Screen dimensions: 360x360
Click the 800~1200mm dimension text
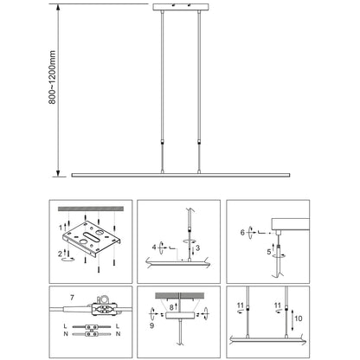click(52, 77)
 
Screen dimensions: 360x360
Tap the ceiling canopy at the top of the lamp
click(181, 7)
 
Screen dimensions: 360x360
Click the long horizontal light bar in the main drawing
click(181, 175)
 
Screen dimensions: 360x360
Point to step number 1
click(61, 228)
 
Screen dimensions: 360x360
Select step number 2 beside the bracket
click(60, 254)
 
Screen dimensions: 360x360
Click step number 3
click(197, 247)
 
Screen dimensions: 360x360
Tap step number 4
click(154, 247)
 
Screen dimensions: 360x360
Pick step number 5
click(269, 252)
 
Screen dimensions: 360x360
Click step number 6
click(242, 232)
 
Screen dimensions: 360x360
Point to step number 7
click(72, 297)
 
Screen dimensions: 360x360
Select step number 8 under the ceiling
click(171, 307)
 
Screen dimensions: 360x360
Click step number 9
click(152, 325)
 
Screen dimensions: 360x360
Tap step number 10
click(299, 318)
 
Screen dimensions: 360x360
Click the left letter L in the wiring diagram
click(65, 326)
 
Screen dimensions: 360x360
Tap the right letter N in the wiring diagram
click(118, 334)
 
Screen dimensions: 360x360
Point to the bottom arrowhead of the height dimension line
click(58, 174)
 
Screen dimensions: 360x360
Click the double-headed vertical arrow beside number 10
click(292, 320)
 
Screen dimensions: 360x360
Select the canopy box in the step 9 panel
click(179, 315)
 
